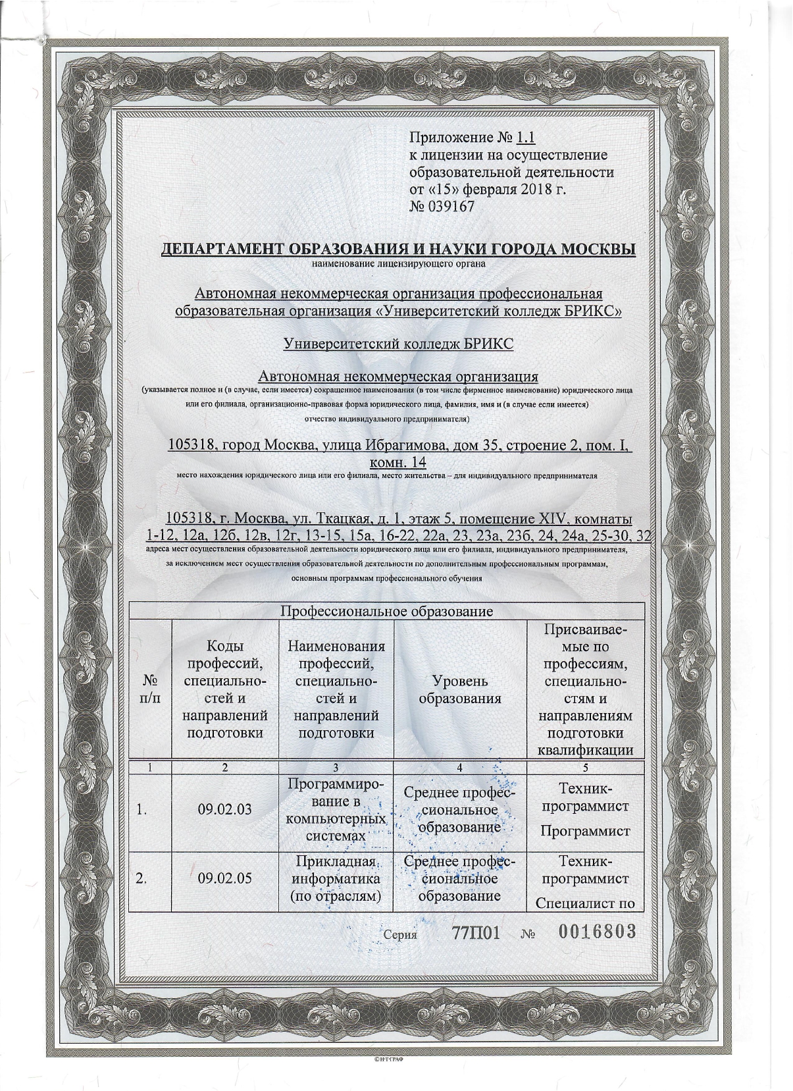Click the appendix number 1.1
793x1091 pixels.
click(x=526, y=138)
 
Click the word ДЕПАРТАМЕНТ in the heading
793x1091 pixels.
click(x=222, y=250)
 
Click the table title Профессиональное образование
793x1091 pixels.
click(x=387, y=611)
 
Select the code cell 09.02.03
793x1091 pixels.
click(x=224, y=809)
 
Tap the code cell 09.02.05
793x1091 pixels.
click(x=224, y=878)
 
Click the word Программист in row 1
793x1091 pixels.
click(x=585, y=830)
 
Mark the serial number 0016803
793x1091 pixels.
click(x=597, y=932)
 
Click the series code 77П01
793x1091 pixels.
click(x=477, y=932)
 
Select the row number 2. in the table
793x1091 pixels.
click(x=141, y=878)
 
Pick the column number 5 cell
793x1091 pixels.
click(x=585, y=767)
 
